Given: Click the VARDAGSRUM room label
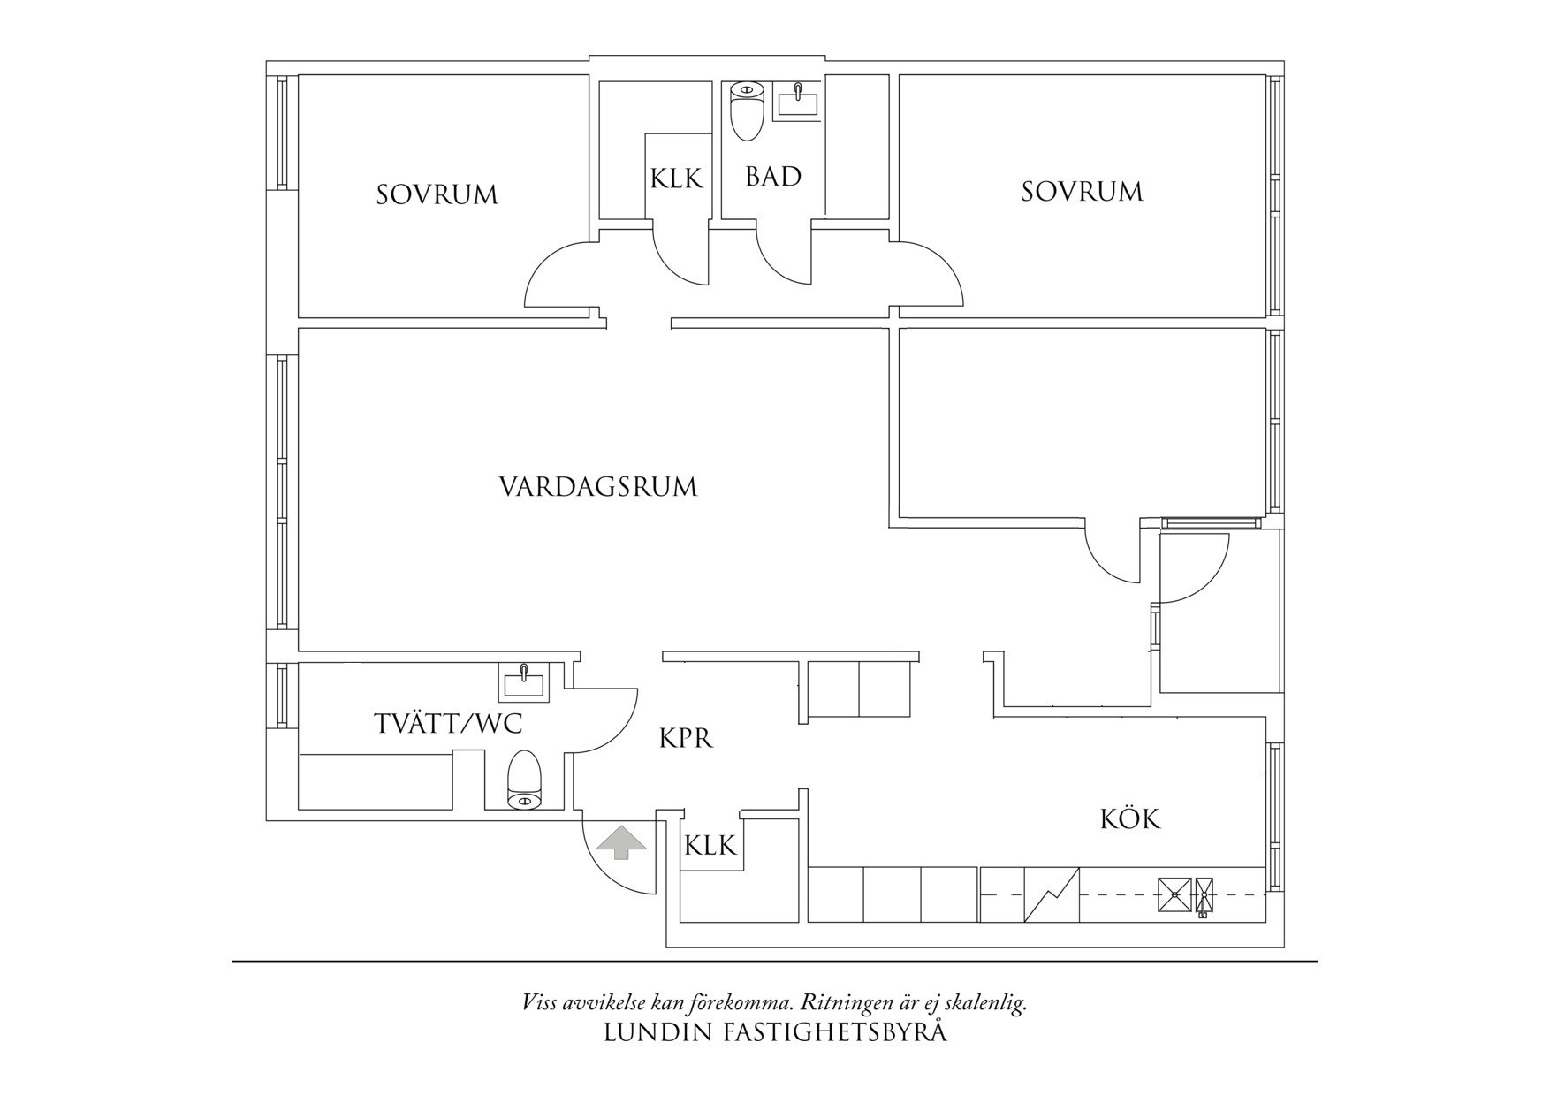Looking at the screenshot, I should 598,487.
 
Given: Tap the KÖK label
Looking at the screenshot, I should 1129,818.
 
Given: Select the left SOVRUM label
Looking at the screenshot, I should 437,194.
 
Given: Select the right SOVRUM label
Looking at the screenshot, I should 1082,192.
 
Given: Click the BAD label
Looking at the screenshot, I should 773,177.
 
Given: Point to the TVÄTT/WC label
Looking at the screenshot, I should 448,725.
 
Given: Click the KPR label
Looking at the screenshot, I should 686,738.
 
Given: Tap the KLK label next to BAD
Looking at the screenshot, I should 676,179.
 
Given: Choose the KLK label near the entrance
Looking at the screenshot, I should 710,847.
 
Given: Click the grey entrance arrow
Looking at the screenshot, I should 621,841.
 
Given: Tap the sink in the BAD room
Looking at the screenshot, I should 797,100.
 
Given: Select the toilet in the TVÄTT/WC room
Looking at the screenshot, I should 524,780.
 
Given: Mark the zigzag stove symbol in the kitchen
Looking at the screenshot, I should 1052,894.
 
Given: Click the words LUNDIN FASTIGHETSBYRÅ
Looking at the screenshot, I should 775,1032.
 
